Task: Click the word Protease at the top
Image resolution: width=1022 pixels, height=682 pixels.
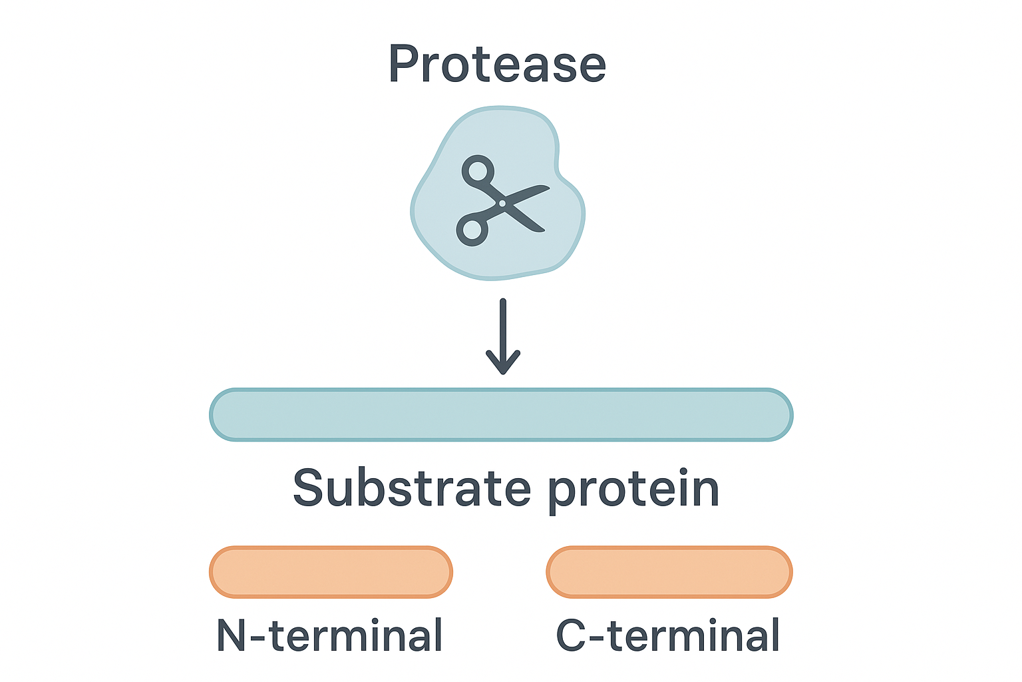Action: pyautogui.click(x=497, y=64)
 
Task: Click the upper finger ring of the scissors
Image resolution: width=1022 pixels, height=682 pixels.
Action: pyautogui.click(x=478, y=171)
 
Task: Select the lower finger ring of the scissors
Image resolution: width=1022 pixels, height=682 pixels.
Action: pyautogui.click(x=472, y=230)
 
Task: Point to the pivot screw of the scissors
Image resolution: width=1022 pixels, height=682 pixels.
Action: pyautogui.click(x=502, y=202)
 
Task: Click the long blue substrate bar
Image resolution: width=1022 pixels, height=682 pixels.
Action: pyautogui.click(x=501, y=414)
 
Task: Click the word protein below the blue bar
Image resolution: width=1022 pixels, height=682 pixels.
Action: pyautogui.click(x=633, y=490)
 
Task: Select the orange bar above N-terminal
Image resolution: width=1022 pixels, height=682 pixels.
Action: pyautogui.click(x=331, y=572)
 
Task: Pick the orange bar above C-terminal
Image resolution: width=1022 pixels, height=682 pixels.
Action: pyautogui.click(x=669, y=572)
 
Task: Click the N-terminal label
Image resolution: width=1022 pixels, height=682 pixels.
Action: pyautogui.click(x=330, y=635)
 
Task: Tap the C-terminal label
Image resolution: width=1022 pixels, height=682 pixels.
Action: pyautogui.click(x=668, y=635)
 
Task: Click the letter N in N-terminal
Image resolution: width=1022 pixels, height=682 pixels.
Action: pyautogui.click(x=232, y=635)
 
